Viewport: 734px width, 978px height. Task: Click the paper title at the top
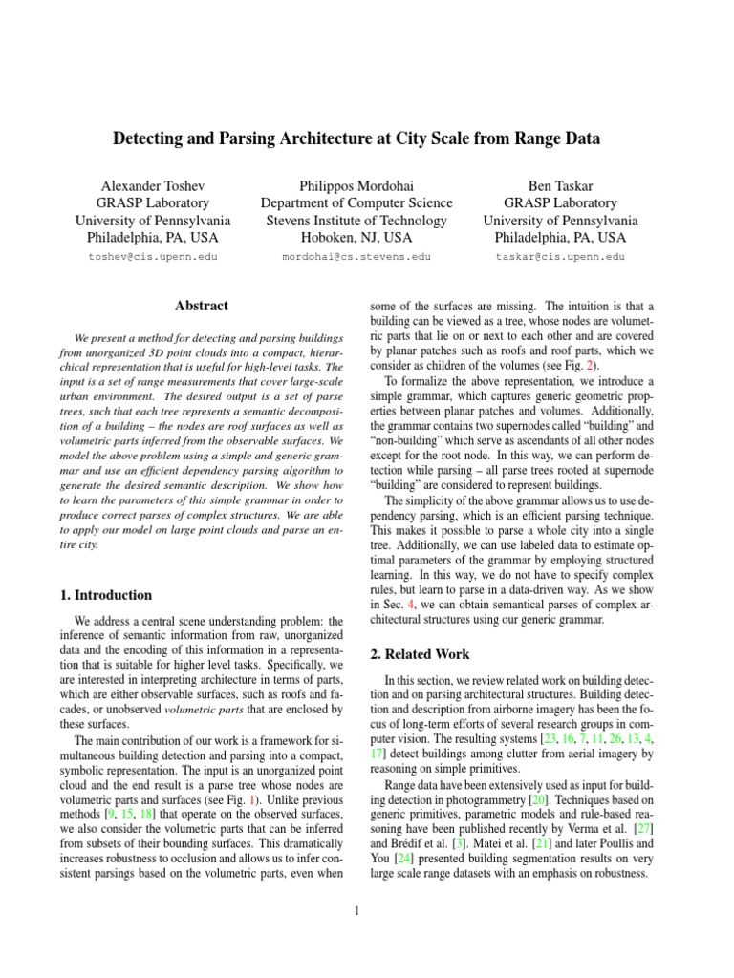click(357, 139)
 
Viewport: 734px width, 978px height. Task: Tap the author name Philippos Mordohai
click(357, 184)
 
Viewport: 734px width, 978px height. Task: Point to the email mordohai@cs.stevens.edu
click(356, 257)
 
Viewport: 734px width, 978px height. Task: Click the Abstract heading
click(202, 306)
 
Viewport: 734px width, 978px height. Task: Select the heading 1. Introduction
click(107, 595)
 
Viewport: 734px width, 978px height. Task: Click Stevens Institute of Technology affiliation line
click(357, 221)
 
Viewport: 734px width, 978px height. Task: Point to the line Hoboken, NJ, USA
click(357, 238)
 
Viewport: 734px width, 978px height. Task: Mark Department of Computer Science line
click(357, 202)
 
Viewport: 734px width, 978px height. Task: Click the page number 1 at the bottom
click(356, 910)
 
